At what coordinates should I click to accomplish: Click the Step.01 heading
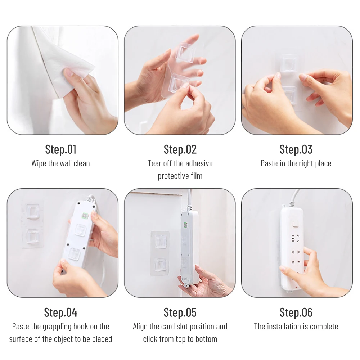60,149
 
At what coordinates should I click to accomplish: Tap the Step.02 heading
180,149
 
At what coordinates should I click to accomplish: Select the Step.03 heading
296,149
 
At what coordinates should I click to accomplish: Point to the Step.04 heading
60,312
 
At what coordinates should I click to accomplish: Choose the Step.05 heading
180,312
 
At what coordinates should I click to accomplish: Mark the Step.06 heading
296,312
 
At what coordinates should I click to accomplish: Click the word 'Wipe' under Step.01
39,163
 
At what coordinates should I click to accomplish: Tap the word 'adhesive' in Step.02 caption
199,163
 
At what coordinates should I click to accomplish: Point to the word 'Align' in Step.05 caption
140,327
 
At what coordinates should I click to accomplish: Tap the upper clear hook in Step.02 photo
185,53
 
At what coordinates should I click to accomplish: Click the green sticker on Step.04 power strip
85,216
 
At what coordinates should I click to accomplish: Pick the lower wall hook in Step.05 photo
160,264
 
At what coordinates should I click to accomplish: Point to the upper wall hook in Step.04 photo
33,211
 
